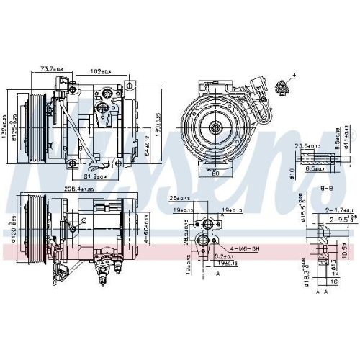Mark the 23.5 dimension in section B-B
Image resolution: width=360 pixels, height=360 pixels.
click(304, 145)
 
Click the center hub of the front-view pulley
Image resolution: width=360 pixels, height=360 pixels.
click(215, 127)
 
